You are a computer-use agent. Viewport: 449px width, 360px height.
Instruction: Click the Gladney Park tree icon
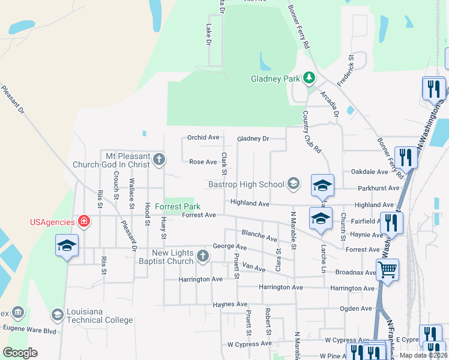click(309, 77)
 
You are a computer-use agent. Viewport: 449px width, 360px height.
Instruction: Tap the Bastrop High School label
click(246, 184)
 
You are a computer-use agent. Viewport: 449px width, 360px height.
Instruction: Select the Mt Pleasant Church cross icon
click(158, 159)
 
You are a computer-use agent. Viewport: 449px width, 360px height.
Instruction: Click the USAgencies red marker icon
click(85, 221)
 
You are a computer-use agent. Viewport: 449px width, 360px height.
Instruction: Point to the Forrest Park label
click(176, 206)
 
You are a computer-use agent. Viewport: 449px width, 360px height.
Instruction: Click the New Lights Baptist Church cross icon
click(203, 257)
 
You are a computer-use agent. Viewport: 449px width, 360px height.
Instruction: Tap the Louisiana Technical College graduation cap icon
click(57, 314)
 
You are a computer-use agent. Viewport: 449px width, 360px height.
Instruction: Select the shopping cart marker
click(387, 270)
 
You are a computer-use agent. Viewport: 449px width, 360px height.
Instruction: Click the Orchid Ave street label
click(203, 137)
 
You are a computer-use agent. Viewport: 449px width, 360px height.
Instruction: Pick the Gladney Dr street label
click(253, 139)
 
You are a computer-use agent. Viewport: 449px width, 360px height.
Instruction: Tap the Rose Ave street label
click(203, 162)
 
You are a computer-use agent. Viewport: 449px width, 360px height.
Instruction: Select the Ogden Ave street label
click(356, 308)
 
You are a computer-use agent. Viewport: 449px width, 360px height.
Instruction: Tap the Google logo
click(20, 352)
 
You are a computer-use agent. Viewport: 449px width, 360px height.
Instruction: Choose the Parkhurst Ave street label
click(378, 188)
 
